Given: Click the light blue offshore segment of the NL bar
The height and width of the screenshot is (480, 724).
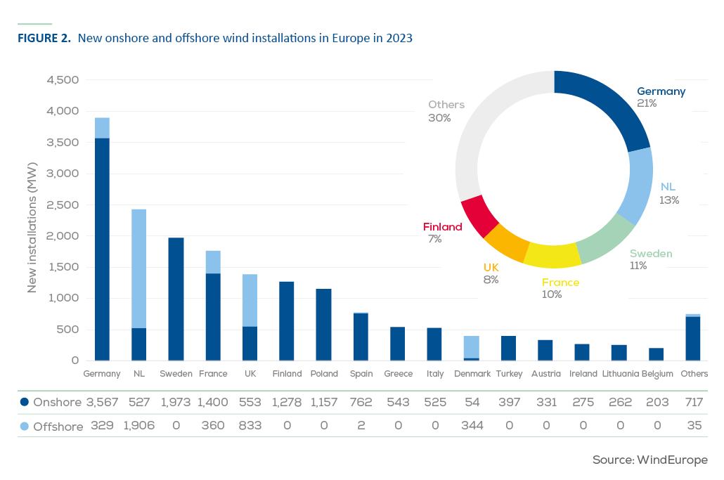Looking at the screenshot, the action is click(139, 268).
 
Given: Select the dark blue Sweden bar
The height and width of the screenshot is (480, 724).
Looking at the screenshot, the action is click(176, 299).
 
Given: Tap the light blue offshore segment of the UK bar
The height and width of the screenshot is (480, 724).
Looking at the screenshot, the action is click(250, 301).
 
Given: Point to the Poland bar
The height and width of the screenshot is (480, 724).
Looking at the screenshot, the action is click(323, 325).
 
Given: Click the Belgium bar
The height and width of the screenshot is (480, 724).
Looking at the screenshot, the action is click(656, 354).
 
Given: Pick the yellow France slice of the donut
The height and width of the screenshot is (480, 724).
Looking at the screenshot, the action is click(552, 256).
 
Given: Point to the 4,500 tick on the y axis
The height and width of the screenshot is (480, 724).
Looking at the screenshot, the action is click(63, 80).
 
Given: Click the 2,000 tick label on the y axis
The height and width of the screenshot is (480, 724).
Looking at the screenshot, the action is click(63, 236).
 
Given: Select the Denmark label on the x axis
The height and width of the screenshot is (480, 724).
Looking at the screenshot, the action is click(472, 373).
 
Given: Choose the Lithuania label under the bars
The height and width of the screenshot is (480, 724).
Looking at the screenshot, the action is click(620, 373).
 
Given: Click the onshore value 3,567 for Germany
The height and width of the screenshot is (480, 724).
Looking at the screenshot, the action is click(102, 403).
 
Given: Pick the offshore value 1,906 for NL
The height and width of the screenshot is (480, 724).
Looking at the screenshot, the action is click(139, 426).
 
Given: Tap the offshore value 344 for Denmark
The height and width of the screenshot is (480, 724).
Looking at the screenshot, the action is click(472, 426).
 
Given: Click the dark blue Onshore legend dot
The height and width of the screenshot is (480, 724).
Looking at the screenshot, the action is click(25, 402).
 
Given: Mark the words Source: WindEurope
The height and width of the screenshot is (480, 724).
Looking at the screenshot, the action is click(650, 460).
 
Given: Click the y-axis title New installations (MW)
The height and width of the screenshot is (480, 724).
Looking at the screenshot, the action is click(32, 227).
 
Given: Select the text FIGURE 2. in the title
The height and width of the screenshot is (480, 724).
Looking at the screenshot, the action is click(44, 38).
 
